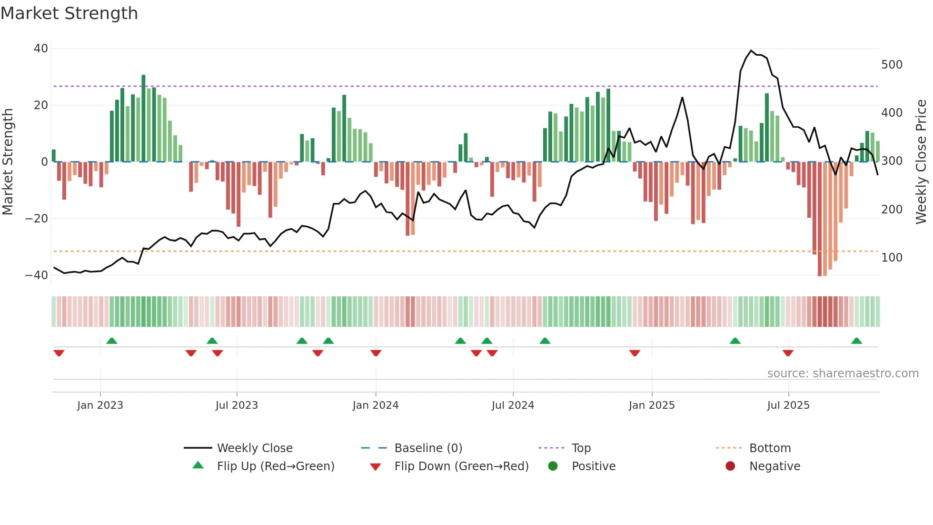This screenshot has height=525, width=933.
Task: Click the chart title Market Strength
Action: coord(69,13)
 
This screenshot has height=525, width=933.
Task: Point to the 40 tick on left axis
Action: coord(41,49)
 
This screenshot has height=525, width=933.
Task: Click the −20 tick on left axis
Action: coord(37,219)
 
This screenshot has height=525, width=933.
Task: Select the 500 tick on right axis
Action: coord(892,65)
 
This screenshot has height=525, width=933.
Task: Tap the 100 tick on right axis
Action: coord(892,258)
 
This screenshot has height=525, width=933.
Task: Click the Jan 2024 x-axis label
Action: coord(375,405)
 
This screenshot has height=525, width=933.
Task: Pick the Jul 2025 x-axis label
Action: coord(788,405)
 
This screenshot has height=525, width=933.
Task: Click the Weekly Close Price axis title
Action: coord(921,162)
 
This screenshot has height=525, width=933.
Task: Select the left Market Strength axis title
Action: coord(8,162)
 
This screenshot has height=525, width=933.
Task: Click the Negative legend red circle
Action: coord(730,466)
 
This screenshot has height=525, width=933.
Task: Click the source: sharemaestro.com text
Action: coord(843,374)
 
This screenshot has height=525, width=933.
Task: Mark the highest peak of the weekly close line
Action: coord(751,50)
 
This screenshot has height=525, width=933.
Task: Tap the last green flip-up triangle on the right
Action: coord(856,341)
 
